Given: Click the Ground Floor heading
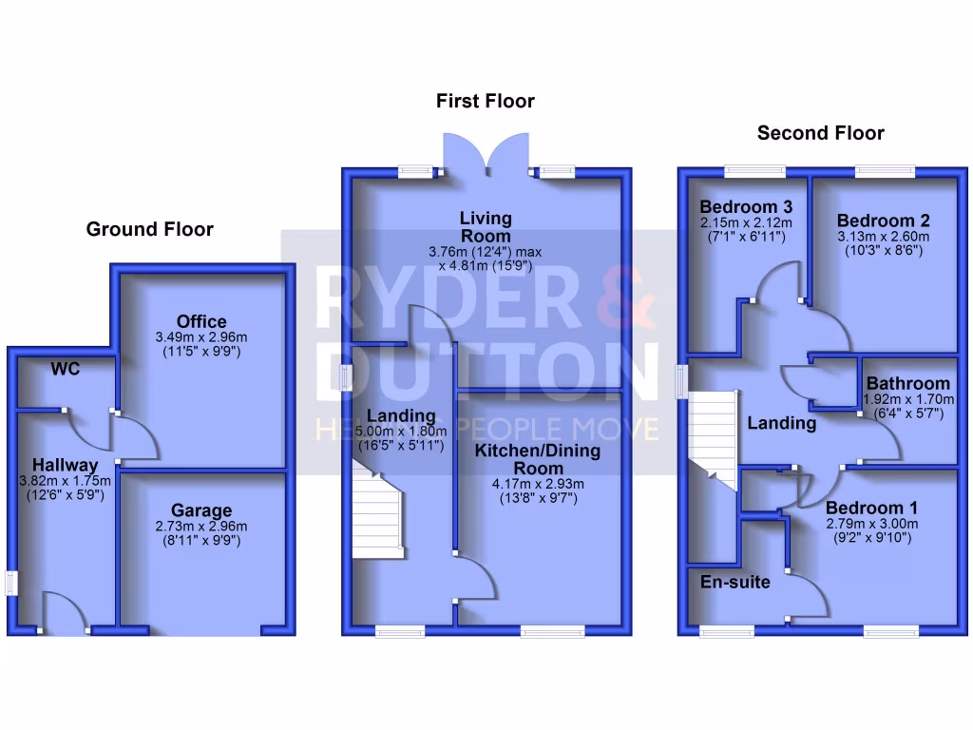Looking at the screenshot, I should (x=149, y=229).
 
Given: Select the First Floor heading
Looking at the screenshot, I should (x=485, y=101).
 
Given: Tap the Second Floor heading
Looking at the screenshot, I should (x=820, y=133).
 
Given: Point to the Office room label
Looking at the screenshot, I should (x=200, y=321).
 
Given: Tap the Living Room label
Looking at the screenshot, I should (x=485, y=227).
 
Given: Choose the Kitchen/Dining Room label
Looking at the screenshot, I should (x=538, y=459).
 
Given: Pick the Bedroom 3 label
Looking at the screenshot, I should (x=746, y=207).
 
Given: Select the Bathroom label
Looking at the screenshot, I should (x=907, y=384).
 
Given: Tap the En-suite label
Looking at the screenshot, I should (x=735, y=581).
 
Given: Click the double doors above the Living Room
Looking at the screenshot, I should (x=486, y=152).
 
